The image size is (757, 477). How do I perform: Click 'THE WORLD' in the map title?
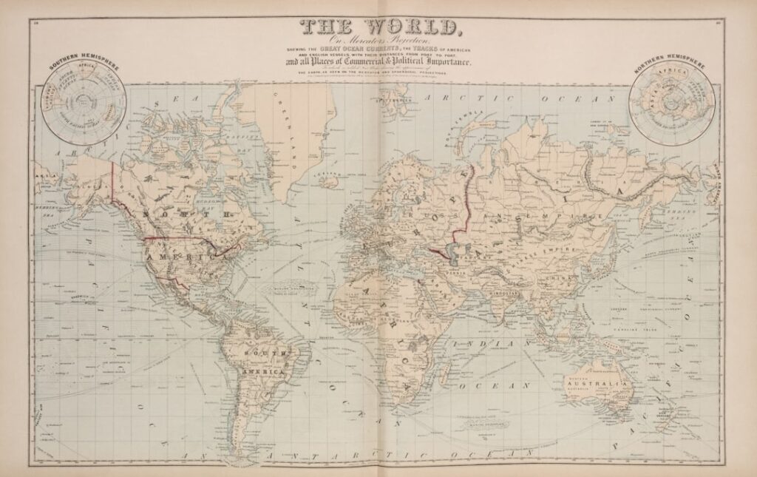[378, 28]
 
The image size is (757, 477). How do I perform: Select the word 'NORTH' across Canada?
[185, 215]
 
